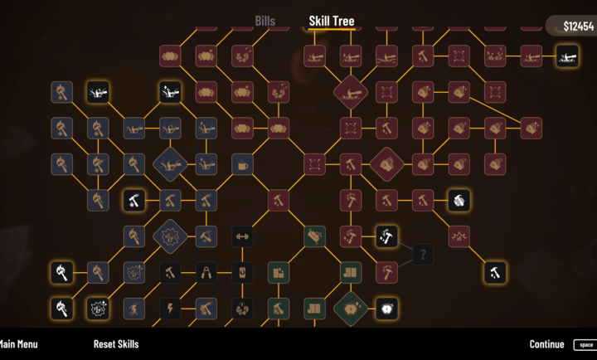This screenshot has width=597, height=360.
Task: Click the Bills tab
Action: click(x=265, y=21)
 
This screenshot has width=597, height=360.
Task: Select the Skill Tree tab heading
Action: click(x=332, y=21)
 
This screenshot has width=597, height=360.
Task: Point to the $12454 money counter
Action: click(x=579, y=27)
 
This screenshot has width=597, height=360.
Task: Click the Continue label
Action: click(x=546, y=344)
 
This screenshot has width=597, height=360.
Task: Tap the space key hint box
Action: click(x=585, y=345)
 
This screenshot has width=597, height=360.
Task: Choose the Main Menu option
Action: click(x=18, y=344)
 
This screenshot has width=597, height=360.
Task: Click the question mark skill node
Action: click(x=423, y=254)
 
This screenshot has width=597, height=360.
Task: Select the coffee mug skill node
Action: click(x=242, y=164)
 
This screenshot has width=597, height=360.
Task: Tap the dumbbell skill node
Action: click(x=242, y=236)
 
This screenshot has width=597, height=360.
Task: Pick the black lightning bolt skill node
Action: click(x=170, y=309)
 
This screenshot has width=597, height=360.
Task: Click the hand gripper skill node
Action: click(x=206, y=272)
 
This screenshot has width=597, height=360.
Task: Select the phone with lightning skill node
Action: click(x=242, y=272)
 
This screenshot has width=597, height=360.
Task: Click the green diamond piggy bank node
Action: click(x=351, y=309)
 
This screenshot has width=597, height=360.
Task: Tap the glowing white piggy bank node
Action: click(x=387, y=309)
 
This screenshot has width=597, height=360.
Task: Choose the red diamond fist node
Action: click(x=387, y=164)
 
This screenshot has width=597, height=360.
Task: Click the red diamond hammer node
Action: click(x=351, y=92)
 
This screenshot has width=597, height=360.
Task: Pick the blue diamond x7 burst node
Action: click(x=170, y=236)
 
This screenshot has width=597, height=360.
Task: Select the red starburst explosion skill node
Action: click(x=459, y=236)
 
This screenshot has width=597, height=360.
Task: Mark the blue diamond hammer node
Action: click(x=170, y=164)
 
